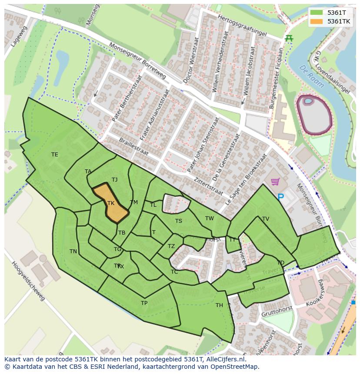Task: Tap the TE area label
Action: coord(54,155)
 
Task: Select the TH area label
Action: coord(219,305)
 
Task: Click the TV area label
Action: coord(266,219)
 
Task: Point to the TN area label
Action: coord(73,252)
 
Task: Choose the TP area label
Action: coord(144,303)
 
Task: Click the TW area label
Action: coord(210,218)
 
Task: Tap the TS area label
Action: coord(179,221)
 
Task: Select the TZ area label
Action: coord(171,246)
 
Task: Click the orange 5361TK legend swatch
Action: coord(317,21)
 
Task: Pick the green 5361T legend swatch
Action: coord(317,13)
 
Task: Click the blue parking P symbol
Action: coord(280,197)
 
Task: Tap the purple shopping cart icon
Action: coord(275,182)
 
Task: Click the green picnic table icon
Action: coord(289,38)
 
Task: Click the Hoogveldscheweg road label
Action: coord(28,281)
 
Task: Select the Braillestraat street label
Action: coord(133,147)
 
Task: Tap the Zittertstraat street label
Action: coord(209,186)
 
